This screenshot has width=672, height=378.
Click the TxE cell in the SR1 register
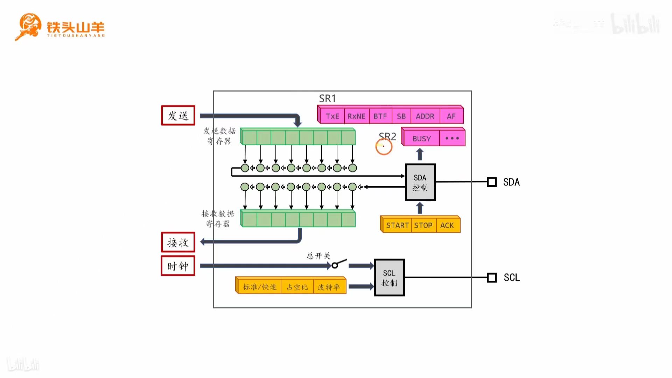click(x=332, y=116)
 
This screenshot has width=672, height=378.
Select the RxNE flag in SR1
click(x=356, y=116)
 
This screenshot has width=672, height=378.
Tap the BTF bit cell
click(x=380, y=116)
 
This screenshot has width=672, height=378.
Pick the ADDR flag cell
click(x=425, y=116)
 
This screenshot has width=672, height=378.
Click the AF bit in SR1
click(x=451, y=116)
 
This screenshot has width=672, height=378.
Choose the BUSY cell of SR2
click(x=421, y=139)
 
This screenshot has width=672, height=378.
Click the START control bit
click(x=397, y=225)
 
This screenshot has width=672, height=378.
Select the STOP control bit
click(x=423, y=225)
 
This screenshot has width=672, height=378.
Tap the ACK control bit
click(x=447, y=225)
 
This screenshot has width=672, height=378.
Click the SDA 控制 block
click(x=420, y=182)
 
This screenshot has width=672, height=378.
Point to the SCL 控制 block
click(x=389, y=278)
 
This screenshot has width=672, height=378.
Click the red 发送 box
click(x=178, y=115)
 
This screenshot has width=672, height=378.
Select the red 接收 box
click(x=178, y=242)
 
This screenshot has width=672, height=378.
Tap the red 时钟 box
click(x=178, y=266)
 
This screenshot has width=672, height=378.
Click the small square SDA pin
click(x=491, y=182)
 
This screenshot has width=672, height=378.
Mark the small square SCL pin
click(x=491, y=278)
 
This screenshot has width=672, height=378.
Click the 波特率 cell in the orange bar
click(x=329, y=287)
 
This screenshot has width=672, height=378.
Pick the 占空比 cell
click(x=297, y=287)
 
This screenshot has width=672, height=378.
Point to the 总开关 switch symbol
click(x=338, y=264)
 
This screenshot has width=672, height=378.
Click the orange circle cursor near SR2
click(x=384, y=147)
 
